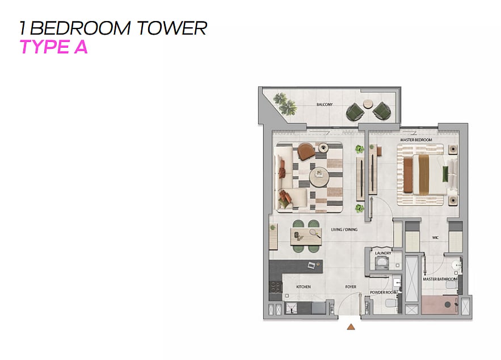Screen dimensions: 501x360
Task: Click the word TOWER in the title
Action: tap(172, 28)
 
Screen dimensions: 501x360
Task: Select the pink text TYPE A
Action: tap(53, 47)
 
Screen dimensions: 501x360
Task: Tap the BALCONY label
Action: tap(325, 104)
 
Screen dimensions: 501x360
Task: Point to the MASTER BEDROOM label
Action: tap(416, 140)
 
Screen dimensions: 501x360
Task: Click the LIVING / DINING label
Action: tap(344, 229)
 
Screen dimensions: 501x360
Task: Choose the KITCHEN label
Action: tap(303, 287)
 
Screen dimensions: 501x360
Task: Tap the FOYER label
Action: tap(351, 287)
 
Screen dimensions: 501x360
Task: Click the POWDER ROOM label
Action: tap(384, 292)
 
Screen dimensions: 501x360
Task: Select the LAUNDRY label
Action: tap(383, 253)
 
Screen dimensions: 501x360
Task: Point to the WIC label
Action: tap(435, 237)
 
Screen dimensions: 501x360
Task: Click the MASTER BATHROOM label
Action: tap(440, 279)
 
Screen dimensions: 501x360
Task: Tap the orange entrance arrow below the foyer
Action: tap(351, 326)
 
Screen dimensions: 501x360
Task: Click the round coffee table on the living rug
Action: tap(319, 177)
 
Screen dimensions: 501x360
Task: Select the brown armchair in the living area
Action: tap(306, 151)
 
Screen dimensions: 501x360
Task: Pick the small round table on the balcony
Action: tap(369, 103)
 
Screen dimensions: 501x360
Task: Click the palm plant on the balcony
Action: tap(285, 103)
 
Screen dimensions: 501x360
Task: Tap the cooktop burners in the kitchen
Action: tap(275, 287)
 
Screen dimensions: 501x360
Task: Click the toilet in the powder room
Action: tap(391, 303)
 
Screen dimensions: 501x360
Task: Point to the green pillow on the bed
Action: tap(445, 174)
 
